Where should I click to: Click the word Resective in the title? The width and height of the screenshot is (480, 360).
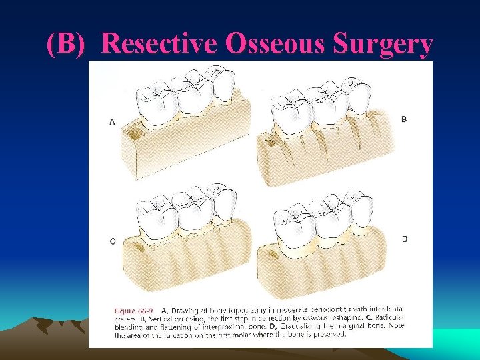tap(161, 44)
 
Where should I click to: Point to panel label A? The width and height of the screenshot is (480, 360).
tap(112, 122)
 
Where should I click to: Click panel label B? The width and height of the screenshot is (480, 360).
tap(403, 119)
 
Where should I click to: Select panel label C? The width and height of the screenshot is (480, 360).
tap(112, 241)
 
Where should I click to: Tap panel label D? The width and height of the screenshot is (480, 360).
tap(404, 239)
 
